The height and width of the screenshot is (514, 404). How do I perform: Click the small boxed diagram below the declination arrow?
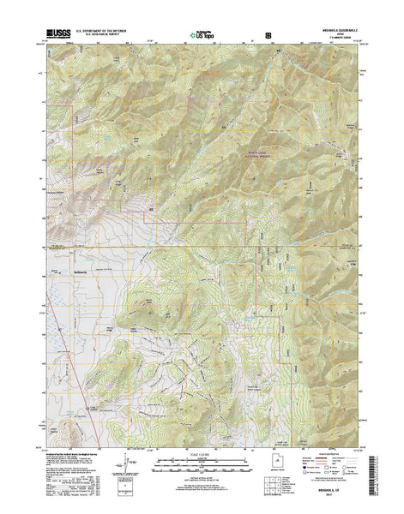click(130, 494)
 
